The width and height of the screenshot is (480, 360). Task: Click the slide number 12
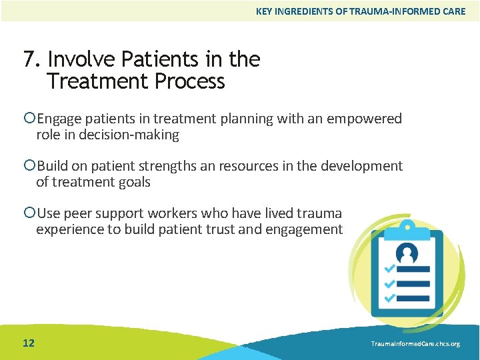point(29,343)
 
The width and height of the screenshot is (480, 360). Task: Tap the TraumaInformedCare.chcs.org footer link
point(415,343)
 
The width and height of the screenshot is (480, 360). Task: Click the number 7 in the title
point(29,59)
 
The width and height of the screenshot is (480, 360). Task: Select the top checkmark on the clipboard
point(389,269)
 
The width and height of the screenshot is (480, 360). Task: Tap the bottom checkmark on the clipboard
point(389,297)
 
